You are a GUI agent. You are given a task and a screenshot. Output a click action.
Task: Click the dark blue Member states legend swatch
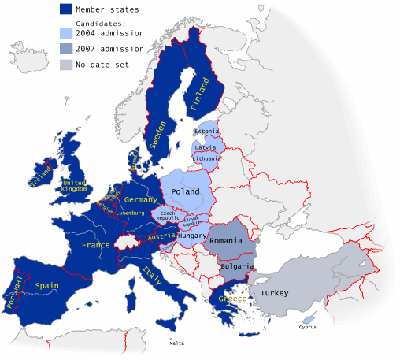click(x=69, y=9)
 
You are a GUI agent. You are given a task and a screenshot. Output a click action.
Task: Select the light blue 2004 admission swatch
click(x=69, y=33)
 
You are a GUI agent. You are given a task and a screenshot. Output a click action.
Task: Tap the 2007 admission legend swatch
click(x=69, y=49)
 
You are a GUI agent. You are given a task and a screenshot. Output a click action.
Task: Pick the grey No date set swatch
click(x=69, y=65)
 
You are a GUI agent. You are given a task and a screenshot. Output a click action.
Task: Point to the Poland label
click(x=185, y=191)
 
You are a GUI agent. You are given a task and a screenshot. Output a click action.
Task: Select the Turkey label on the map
click(x=274, y=293)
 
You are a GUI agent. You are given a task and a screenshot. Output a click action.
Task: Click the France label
click(x=95, y=245)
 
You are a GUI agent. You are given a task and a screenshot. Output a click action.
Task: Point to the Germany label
click(x=141, y=200)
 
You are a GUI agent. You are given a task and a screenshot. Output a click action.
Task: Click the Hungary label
click(x=192, y=236)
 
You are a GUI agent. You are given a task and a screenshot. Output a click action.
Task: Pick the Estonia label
click(x=206, y=131)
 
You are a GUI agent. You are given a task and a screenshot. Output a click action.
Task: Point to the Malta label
click(x=176, y=343)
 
